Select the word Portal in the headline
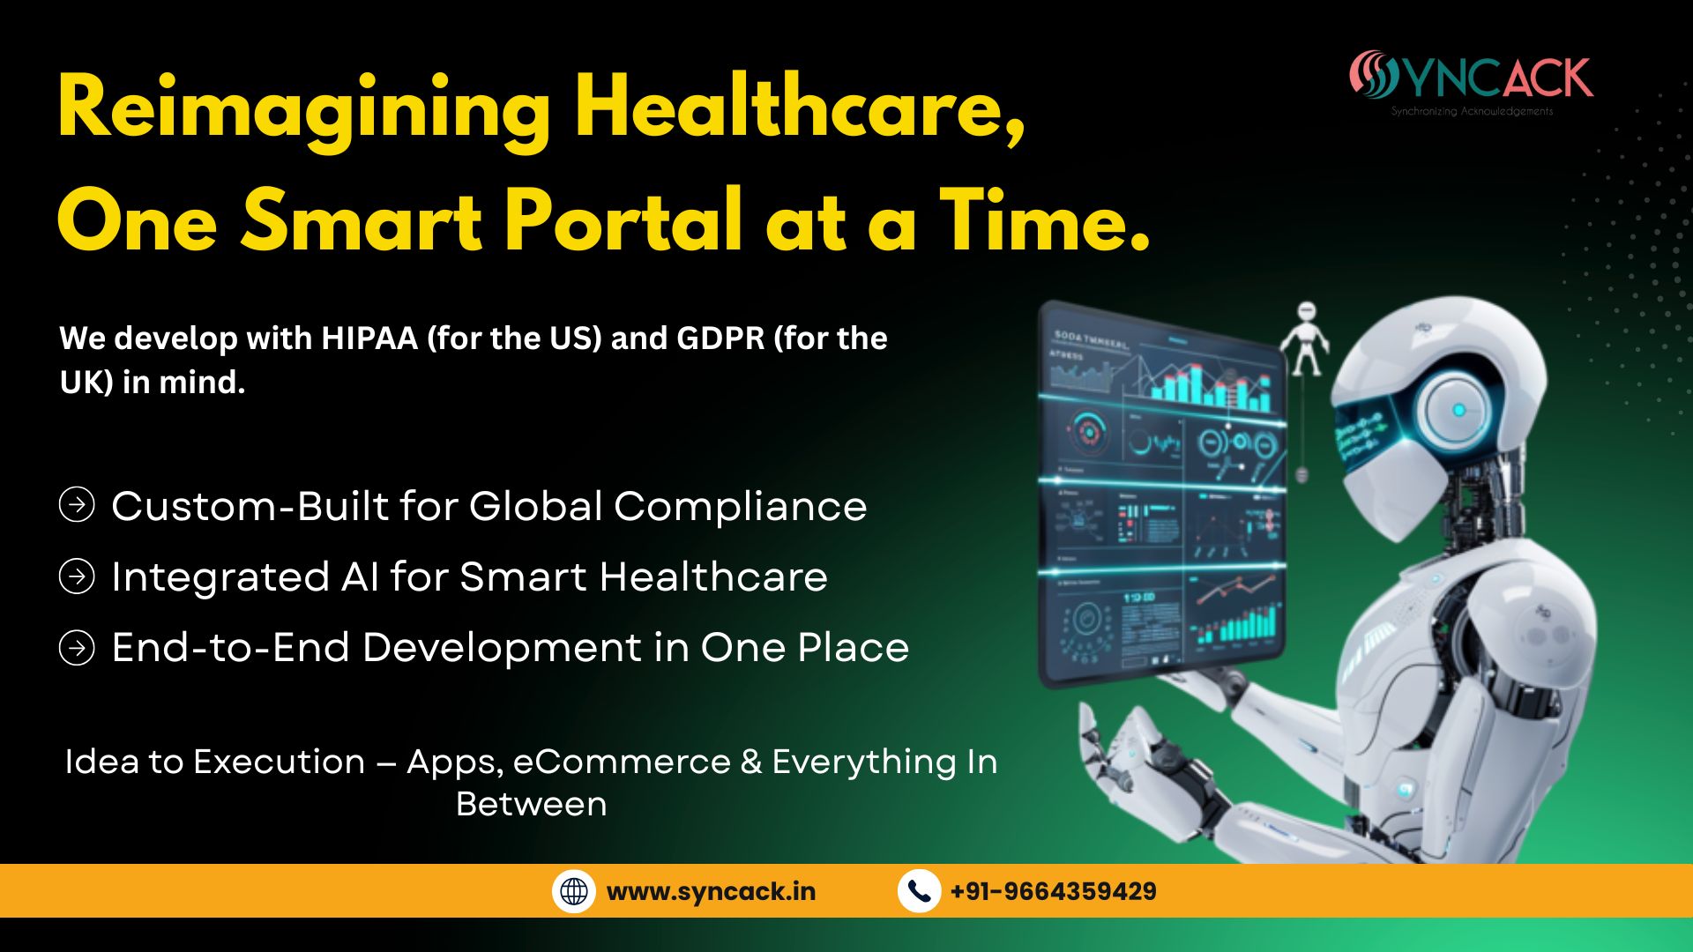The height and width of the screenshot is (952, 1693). (x=623, y=220)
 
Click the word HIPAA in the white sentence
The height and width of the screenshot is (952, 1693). (x=369, y=338)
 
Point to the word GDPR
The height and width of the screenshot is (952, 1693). (x=720, y=338)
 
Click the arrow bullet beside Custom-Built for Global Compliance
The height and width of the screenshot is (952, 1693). (x=77, y=505)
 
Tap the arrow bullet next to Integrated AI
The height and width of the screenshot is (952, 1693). (x=77, y=576)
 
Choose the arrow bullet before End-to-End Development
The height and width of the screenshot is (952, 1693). (x=77, y=648)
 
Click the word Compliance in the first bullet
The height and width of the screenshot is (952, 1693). (x=740, y=507)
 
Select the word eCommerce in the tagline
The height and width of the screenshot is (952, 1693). (x=622, y=762)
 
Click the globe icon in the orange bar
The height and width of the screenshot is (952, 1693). (x=574, y=891)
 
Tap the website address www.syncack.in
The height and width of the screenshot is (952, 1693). (x=711, y=891)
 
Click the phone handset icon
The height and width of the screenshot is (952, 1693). (x=919, y=891)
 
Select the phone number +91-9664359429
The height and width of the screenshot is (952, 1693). (x=1053, y=891)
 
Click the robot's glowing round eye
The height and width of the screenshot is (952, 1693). (x=1458, y=410)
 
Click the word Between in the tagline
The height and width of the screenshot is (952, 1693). (x=531, y=804)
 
